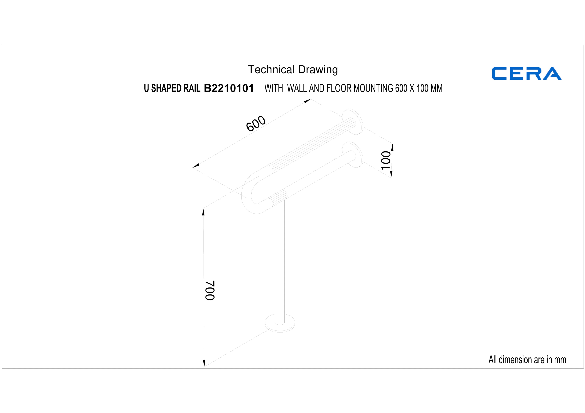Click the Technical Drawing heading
click(293, 70)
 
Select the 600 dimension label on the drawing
click(256, 124)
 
